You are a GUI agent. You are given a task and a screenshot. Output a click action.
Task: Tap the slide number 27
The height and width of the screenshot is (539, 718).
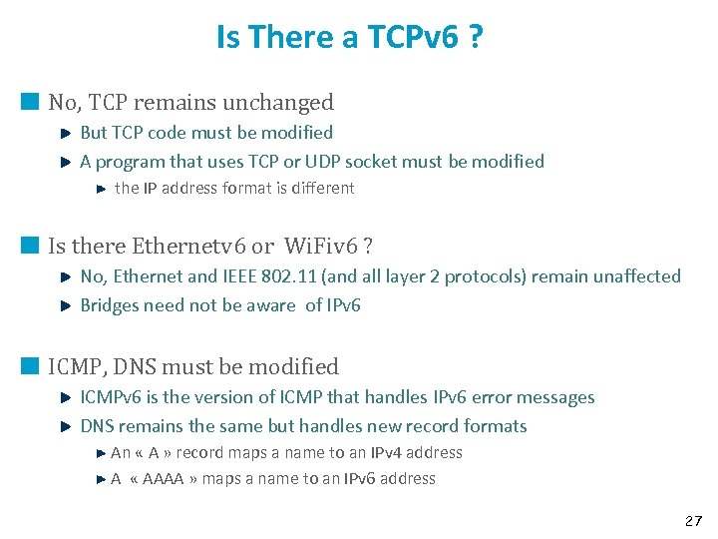click(693, 521)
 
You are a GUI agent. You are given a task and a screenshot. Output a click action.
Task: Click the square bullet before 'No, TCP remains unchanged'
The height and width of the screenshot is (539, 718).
click(30, 101)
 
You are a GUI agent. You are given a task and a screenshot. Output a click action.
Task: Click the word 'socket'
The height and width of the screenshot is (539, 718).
click(367, 161)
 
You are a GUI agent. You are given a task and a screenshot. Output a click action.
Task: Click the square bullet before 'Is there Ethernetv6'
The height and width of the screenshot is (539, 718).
click(30, 245)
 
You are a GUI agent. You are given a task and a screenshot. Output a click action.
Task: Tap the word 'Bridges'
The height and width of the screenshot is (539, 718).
click(110, 304)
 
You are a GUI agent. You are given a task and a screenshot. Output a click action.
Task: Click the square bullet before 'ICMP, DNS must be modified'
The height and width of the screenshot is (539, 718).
click(30, 365)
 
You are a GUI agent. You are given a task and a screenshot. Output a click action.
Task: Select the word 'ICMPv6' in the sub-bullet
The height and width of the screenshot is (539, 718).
click(110, 397)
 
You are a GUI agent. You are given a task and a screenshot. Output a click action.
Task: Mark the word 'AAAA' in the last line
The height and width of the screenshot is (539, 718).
click(163, 478)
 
